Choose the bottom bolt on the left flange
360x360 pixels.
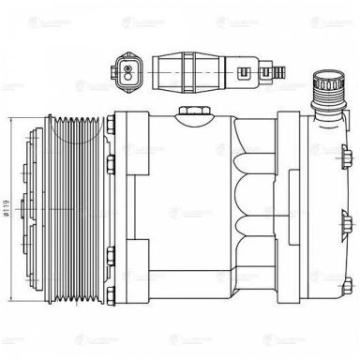pyautogui.click(x=112, y=300)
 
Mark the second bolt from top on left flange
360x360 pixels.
pyautogui.click(x=112, y=169)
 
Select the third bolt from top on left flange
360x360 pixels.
pyautogui.click(x=112, y=248)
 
